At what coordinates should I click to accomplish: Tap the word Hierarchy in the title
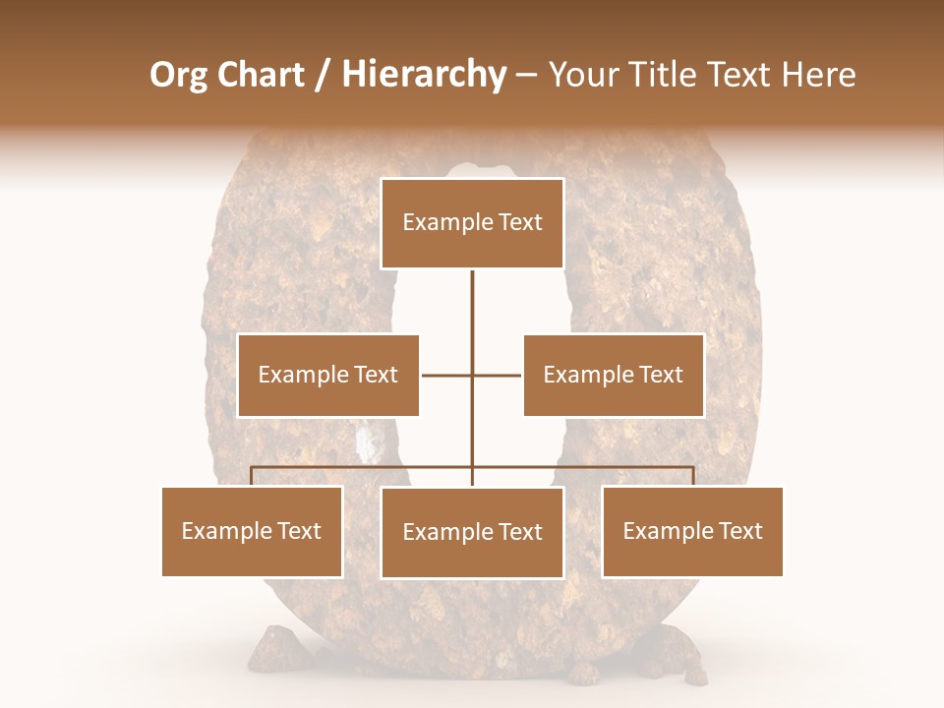423,75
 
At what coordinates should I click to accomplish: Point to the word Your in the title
580,75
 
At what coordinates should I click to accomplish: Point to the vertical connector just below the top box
472,300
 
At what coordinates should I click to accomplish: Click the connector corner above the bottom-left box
252,468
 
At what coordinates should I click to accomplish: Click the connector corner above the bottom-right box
693,468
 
